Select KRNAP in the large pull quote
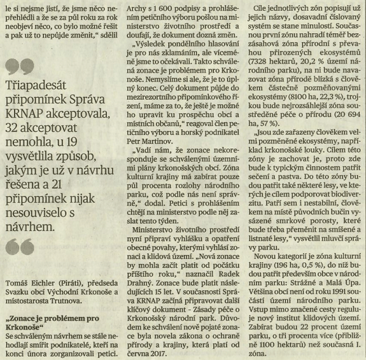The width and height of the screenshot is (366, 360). point(26,112)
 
